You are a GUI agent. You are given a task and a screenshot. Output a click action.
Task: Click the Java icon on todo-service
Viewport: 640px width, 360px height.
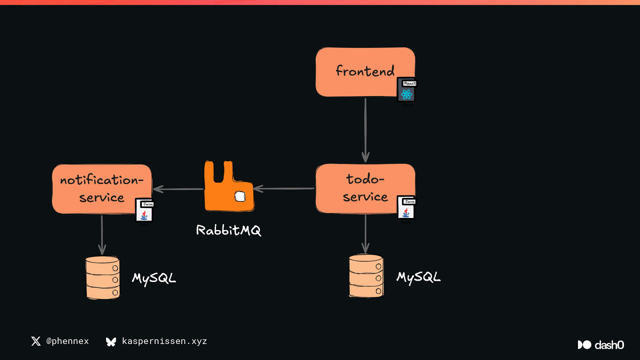tap(406, 208)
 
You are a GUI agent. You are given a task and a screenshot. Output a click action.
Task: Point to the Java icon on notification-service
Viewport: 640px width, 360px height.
tap(144, 210)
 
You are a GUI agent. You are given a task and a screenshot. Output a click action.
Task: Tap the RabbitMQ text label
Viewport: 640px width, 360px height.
tap(228, 230)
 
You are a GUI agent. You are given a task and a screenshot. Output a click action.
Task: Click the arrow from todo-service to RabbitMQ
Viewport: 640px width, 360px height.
tap(284, 188)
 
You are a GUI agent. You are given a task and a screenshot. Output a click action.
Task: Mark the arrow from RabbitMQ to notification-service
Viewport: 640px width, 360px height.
tap(178, 189)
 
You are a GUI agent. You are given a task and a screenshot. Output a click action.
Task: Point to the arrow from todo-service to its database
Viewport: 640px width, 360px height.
tap(365, 234)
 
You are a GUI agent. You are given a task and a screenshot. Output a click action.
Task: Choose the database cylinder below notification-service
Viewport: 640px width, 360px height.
tap(103, 278)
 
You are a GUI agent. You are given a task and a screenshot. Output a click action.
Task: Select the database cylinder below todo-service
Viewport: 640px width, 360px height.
tap(366, 276)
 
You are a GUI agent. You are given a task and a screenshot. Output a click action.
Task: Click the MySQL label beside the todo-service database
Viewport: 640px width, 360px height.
tap(418, 277)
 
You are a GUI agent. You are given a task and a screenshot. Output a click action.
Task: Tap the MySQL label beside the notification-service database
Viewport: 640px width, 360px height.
tap(154, 278)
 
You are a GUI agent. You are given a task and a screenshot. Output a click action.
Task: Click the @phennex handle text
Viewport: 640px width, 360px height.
tap(67, 341)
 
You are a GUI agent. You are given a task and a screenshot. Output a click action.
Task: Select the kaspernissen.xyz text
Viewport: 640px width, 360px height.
tap(164, 341)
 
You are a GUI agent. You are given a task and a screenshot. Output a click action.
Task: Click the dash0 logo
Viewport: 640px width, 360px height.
tap(601, 345)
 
